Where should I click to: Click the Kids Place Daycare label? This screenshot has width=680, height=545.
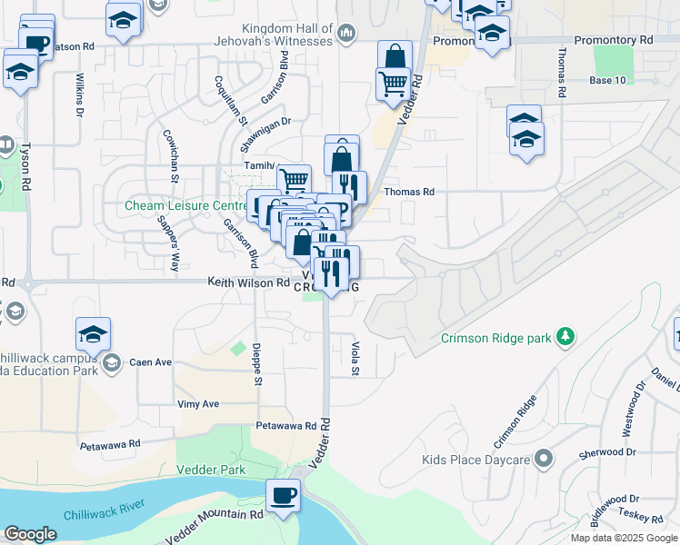(x=475, y=460)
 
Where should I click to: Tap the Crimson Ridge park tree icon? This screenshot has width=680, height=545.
(x=566, y=337)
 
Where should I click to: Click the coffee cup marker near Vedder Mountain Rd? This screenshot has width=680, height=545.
(x=282, y=496)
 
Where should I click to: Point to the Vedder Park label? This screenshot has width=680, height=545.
(x=219, y=470)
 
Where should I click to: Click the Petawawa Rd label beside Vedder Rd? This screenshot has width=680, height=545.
(x=285, y=424)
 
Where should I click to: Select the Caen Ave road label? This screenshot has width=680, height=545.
(x=150, y=362)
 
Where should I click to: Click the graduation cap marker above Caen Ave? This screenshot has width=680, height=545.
(x=93, y=335)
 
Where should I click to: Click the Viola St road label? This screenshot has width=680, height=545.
(x=355, y=358)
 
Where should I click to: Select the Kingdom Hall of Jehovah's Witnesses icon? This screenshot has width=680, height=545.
(x=345, y=35)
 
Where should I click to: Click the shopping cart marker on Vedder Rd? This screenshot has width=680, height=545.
(x=393, y=84)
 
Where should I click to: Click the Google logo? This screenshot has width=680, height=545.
(x=30, y=534)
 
